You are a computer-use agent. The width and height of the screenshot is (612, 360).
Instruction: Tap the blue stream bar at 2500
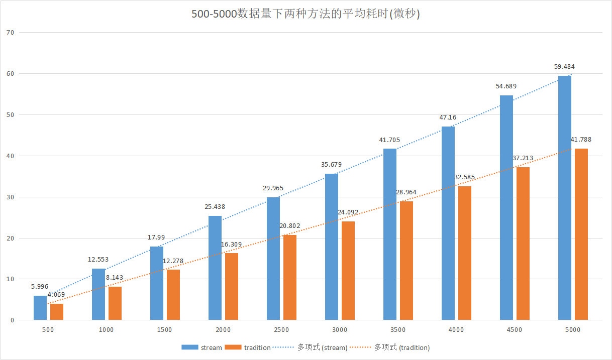pos(273,259)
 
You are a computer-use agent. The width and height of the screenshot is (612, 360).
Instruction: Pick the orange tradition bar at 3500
pos(406,261)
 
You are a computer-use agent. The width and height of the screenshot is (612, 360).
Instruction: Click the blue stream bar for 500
pos(40,308)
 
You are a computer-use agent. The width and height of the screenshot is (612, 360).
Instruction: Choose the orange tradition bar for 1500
pos(173,295)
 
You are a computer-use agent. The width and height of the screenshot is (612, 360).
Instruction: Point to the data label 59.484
pos(565,66)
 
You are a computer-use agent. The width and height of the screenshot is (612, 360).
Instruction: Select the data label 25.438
pos(215,206)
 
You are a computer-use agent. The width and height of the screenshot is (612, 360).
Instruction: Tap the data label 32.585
pos(464,177)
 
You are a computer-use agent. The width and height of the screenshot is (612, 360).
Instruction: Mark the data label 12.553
pos(98,260)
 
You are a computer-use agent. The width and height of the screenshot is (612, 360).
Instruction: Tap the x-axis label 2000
pos(223,330)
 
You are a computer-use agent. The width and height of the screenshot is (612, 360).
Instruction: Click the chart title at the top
pos(305,14)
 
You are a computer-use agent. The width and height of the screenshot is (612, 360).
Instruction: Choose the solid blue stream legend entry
pos(201,347)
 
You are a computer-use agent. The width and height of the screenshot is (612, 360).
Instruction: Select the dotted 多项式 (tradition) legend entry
pos(390,347)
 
